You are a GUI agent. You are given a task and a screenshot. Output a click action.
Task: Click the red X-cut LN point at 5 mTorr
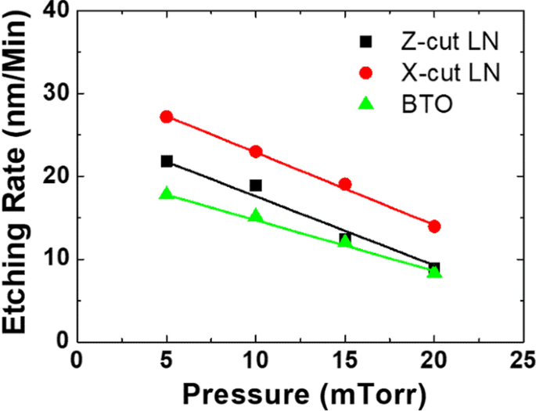point(166,117)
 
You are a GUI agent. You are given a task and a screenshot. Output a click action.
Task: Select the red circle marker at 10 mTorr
point(255,152)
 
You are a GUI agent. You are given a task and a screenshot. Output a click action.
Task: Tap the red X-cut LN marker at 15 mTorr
point(345,185)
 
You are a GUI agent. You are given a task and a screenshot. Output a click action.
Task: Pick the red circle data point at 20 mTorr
point(434,226)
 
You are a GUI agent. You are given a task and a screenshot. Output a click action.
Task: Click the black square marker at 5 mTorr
point(166,161)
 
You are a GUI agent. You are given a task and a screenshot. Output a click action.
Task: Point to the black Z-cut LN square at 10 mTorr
point(255,186)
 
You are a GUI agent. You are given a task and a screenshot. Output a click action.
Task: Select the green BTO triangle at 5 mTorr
point(166,193)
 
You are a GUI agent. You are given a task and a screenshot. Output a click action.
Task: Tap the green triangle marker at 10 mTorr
point(255,215)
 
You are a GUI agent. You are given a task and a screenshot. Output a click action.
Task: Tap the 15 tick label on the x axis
point(345,359)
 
